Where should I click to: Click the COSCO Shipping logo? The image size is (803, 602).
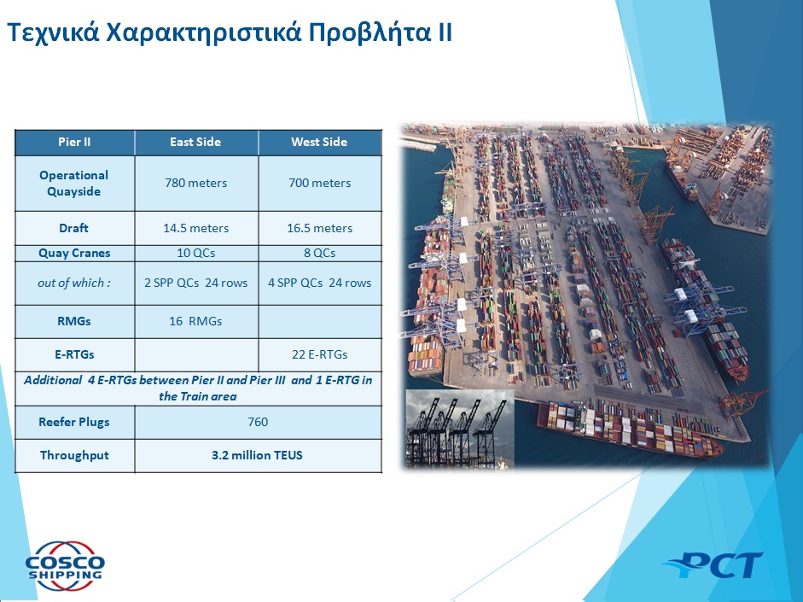[65, 566]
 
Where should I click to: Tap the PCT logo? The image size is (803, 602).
[713, 565]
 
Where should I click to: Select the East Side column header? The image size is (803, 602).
[195, 142]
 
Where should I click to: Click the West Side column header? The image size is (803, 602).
[319, 142]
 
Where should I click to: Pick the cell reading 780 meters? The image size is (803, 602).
[195, 183]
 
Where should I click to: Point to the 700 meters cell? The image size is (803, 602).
[319, 183]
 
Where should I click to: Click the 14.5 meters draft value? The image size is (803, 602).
[195, 228]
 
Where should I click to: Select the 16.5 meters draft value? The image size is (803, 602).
[319, 228]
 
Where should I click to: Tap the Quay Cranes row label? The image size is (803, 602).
[74, 253]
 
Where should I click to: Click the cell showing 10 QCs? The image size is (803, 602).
[195, 253]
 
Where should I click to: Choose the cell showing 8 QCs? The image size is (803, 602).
[319, 253]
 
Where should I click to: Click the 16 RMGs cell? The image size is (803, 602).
[195, 321]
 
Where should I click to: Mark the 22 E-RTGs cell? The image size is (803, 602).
[319, 354]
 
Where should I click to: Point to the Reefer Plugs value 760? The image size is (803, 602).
[258, 422]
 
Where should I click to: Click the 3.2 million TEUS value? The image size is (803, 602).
[257, 455]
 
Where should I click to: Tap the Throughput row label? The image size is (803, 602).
[74, 455]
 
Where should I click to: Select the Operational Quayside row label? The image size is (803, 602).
[73, 184]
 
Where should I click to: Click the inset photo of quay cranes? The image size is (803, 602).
[460, 429]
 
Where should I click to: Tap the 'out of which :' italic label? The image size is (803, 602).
[73, 283]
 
